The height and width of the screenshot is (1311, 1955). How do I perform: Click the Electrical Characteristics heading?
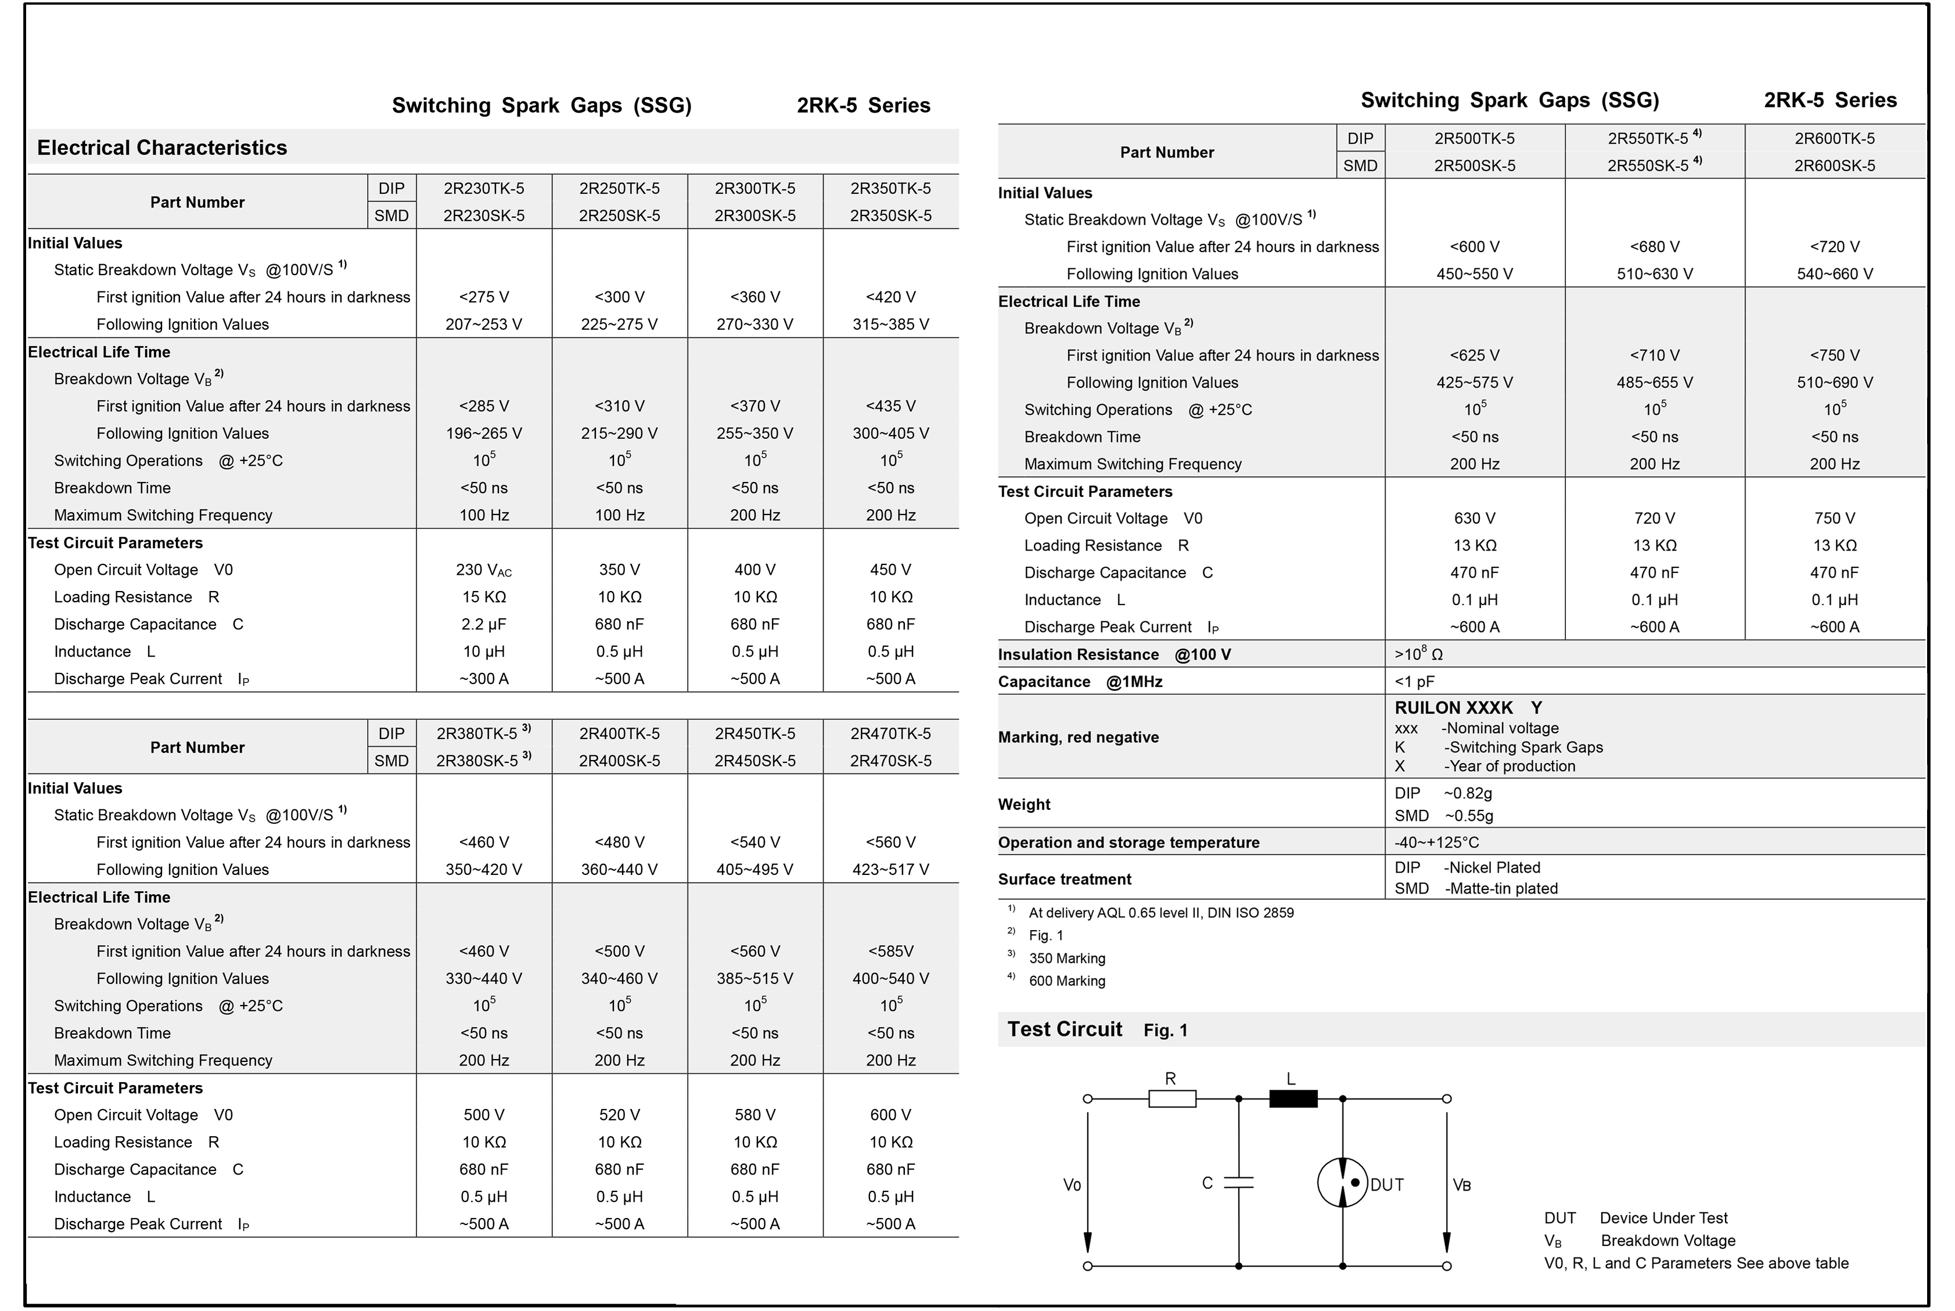[x=161, y=148]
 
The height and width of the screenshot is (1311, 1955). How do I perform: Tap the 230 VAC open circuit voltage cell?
[x=483, y=570]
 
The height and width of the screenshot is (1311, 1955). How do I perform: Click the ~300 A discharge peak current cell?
[x=483, y=679]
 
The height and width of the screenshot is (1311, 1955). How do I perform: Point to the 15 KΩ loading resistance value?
[x=483, y=597]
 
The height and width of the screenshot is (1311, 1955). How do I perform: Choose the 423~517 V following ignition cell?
[x=890, y=870]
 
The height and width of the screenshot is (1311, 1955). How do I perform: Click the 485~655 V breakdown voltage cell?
[x=1654, y=382]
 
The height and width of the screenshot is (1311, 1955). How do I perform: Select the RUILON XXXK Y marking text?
[x=1468, y=707]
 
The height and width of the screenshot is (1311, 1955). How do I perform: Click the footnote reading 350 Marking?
[x=1066, y=958]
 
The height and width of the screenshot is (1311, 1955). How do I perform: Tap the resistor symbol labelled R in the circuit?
[x=1171, y=1098]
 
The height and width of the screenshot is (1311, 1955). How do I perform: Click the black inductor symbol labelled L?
[x=1293, y=1098]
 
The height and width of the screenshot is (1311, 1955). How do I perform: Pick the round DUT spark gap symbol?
[x=1342, y=1182]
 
